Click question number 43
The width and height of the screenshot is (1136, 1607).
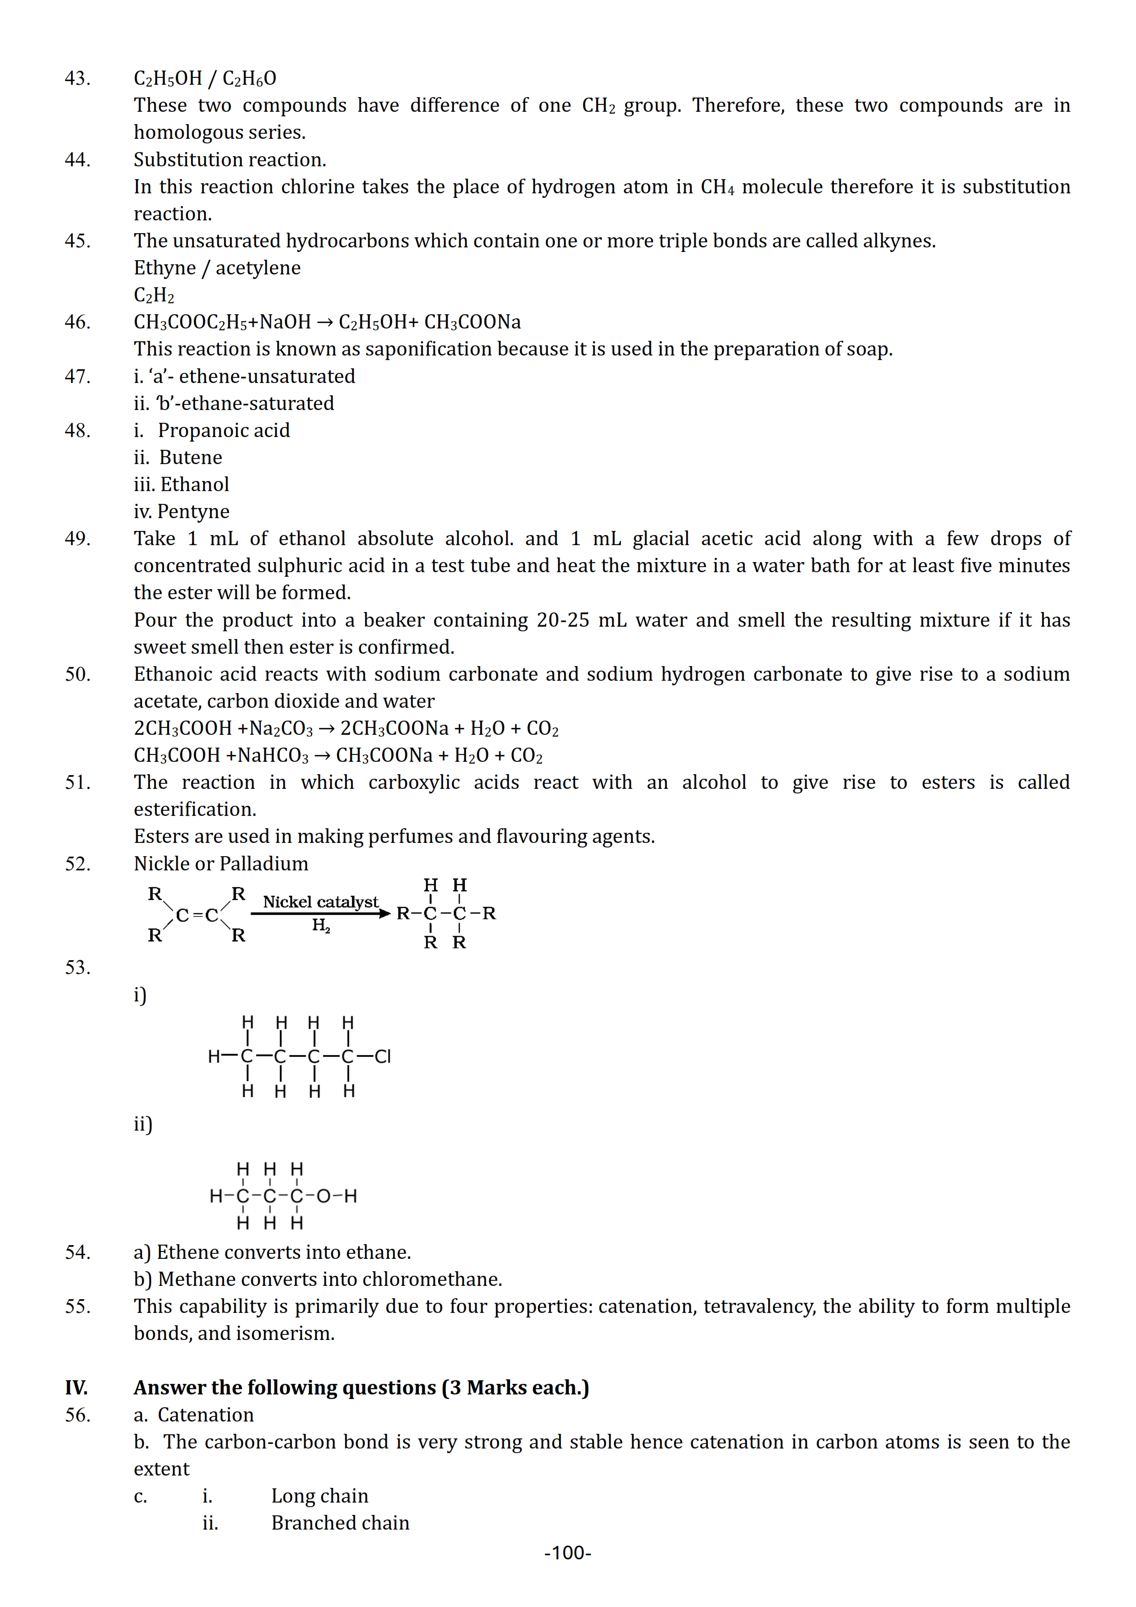pos(78,78)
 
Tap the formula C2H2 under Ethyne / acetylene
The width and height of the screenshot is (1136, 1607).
pos(154,295)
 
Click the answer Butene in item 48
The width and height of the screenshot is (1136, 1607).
pos(190,458)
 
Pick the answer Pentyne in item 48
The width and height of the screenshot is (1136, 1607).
pos(193,512)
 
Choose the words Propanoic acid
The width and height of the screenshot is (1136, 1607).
pos(223,431)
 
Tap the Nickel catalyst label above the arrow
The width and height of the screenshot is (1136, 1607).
pos(321,902)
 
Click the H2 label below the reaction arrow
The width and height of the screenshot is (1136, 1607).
pos(321,926)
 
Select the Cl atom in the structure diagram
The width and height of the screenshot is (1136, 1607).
pos(383,1056)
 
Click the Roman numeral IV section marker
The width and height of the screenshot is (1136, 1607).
pos(76,1388)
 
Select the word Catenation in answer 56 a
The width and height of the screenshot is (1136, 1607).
pos(205,1415)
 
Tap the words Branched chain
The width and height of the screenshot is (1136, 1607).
pos(340,1523)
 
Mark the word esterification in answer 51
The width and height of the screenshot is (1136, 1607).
pos(195,810)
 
